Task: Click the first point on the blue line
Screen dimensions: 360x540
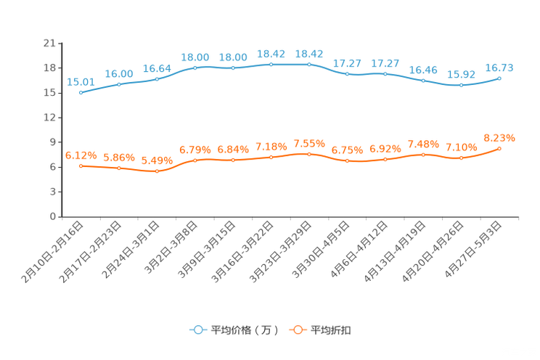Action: (x=80, y=93)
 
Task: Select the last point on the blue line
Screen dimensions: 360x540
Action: (x=499, y=78)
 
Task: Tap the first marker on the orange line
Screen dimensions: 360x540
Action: (x=81, y=165)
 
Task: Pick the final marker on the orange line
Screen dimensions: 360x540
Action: (x=499, y=148)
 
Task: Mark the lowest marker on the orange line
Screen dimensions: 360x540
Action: (x=157, y=171)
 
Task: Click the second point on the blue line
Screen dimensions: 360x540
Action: (x=118, y=84)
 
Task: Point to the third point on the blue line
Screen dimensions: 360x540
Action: (x=157, y=78)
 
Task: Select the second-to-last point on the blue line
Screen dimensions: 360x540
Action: (x=461, y=85)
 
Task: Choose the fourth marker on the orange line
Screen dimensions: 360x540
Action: (x=195, y=160)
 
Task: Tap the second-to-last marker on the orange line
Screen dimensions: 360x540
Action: (x=461, y=157)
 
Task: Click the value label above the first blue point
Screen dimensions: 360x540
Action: (x=80, y=82)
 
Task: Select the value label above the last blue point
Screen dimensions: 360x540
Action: (x=499, y=67)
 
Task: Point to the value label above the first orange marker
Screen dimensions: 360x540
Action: (x=81, y=155)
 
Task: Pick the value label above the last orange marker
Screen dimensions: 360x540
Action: (x=499, y=137)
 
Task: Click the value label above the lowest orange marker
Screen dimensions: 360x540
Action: (x=157, y=160)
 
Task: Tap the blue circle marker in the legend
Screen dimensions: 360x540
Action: (x=197, y=330)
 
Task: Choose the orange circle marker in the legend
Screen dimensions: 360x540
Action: (x=297, y=330)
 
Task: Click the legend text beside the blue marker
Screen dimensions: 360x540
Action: (x=245, y=330)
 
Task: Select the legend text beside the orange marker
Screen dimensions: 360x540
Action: (x=331, y=330)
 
